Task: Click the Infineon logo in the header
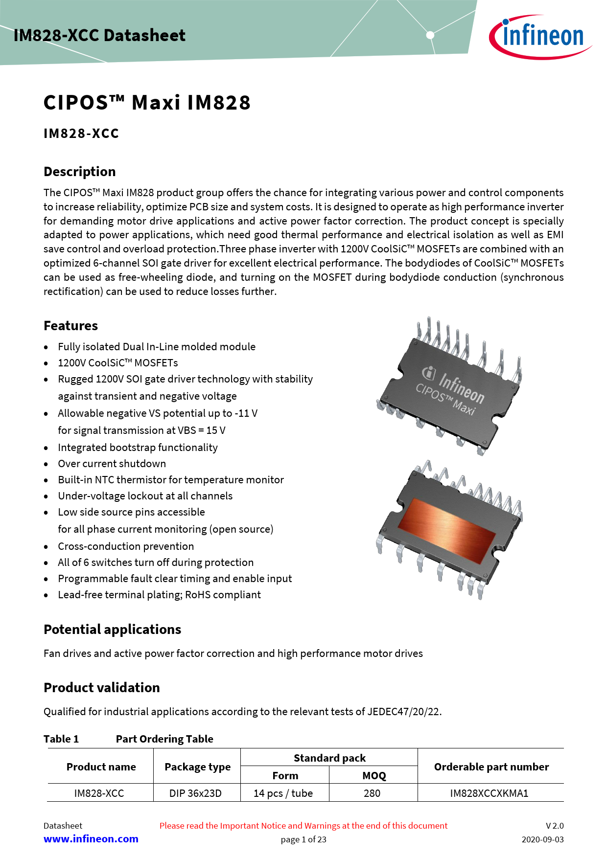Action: click(x=540, y=37)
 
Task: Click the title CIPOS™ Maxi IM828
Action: click(x=147, y=103)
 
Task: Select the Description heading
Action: click(x=80, y=172)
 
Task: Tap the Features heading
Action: click(x=71, y=326)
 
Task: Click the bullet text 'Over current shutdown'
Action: click(x=112, y=464)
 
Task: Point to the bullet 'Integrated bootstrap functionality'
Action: click(x=138, y=448)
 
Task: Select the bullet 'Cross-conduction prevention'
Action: click(x=126, y=546)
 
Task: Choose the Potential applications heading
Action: click(x=113, y=630)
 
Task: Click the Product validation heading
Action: click(x=102, y=688)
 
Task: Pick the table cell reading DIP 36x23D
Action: click(x=195, y=793)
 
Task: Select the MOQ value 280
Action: click(x=372, y=793)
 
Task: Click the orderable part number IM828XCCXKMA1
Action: click(x=490, y=793)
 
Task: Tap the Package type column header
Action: click(x=198, y=767)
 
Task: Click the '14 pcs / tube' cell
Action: click(x=283, y=793)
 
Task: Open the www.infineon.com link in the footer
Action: click(x=91, y=839)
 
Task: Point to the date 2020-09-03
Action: click(x=542, y=839)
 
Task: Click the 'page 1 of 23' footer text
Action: click(x=303, y=839)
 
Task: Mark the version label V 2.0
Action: click(x=555, y=826)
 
